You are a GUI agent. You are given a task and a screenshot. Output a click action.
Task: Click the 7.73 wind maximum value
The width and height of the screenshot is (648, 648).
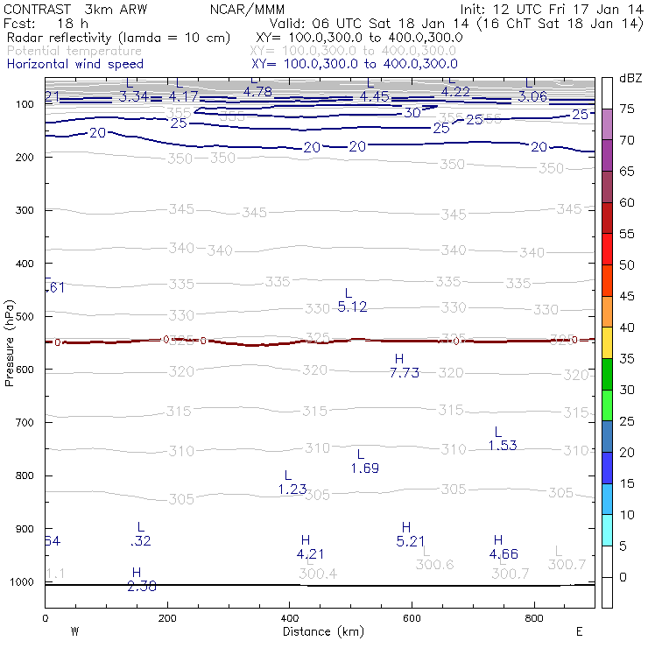(405, 372)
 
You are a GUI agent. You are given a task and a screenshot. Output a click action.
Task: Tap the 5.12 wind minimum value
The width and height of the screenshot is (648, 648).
(352, 306)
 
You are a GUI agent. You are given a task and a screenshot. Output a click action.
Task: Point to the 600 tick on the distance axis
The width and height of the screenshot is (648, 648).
(412, 618)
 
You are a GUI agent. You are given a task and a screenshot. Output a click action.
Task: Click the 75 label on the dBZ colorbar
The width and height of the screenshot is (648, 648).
(628, 109)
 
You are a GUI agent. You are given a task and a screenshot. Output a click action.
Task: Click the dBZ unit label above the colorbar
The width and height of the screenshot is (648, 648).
(630, 79)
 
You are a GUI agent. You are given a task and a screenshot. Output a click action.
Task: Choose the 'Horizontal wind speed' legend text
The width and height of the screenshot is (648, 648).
(74, 64)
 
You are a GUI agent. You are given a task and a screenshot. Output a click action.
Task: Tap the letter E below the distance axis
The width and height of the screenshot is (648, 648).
(578, 630)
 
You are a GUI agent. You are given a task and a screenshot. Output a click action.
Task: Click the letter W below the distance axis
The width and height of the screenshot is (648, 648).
(74, 630)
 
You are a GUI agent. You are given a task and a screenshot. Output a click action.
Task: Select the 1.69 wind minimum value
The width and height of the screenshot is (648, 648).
(364, 468)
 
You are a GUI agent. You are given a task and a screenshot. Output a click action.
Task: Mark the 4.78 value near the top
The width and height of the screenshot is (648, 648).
(257, 91)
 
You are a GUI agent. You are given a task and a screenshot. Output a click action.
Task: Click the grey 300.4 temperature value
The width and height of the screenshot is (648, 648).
(318, 574)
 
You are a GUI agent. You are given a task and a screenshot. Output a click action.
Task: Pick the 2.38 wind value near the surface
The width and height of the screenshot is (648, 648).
(142, 586)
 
